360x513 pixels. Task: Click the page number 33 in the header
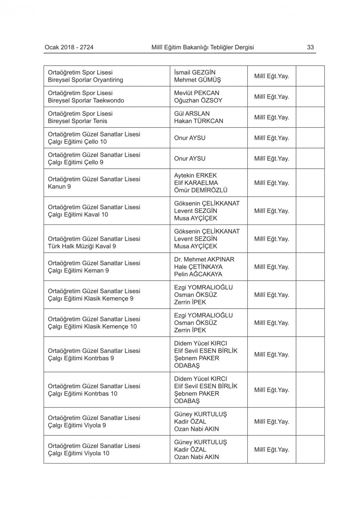(x=310, y=47)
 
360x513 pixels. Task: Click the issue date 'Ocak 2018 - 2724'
(x=69, y=47)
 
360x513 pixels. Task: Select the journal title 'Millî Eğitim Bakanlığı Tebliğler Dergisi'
(x=203, y=47)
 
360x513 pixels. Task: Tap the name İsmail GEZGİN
(x=195, y=72)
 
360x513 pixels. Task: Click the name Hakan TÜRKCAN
(x=198, y=121)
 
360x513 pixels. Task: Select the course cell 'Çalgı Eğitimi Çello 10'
(x=77, y=142)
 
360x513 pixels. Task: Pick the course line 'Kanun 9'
(x=59, y=187)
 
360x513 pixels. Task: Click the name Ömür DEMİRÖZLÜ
(x=201, y=190)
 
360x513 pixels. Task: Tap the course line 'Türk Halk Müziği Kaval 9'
(x=82, y=246)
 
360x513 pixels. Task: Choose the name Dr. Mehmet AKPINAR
(x=204, y=259)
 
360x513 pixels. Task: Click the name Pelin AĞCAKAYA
(x=198, y=274)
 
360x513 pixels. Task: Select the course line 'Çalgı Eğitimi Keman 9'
(x=78, y=271)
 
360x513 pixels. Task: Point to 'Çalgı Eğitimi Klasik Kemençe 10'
(x=93, y=327)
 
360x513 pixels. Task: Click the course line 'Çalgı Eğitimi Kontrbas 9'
(x=81, y=358)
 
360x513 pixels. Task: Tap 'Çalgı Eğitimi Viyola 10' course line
(x=78, y=454)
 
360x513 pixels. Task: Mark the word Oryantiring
(x=107, y=80)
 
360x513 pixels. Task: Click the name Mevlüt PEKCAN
(x=197, y=93)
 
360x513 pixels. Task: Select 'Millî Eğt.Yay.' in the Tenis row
(x=271, y=117)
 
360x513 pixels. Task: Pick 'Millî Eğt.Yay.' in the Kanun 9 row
(x=271, y=183)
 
